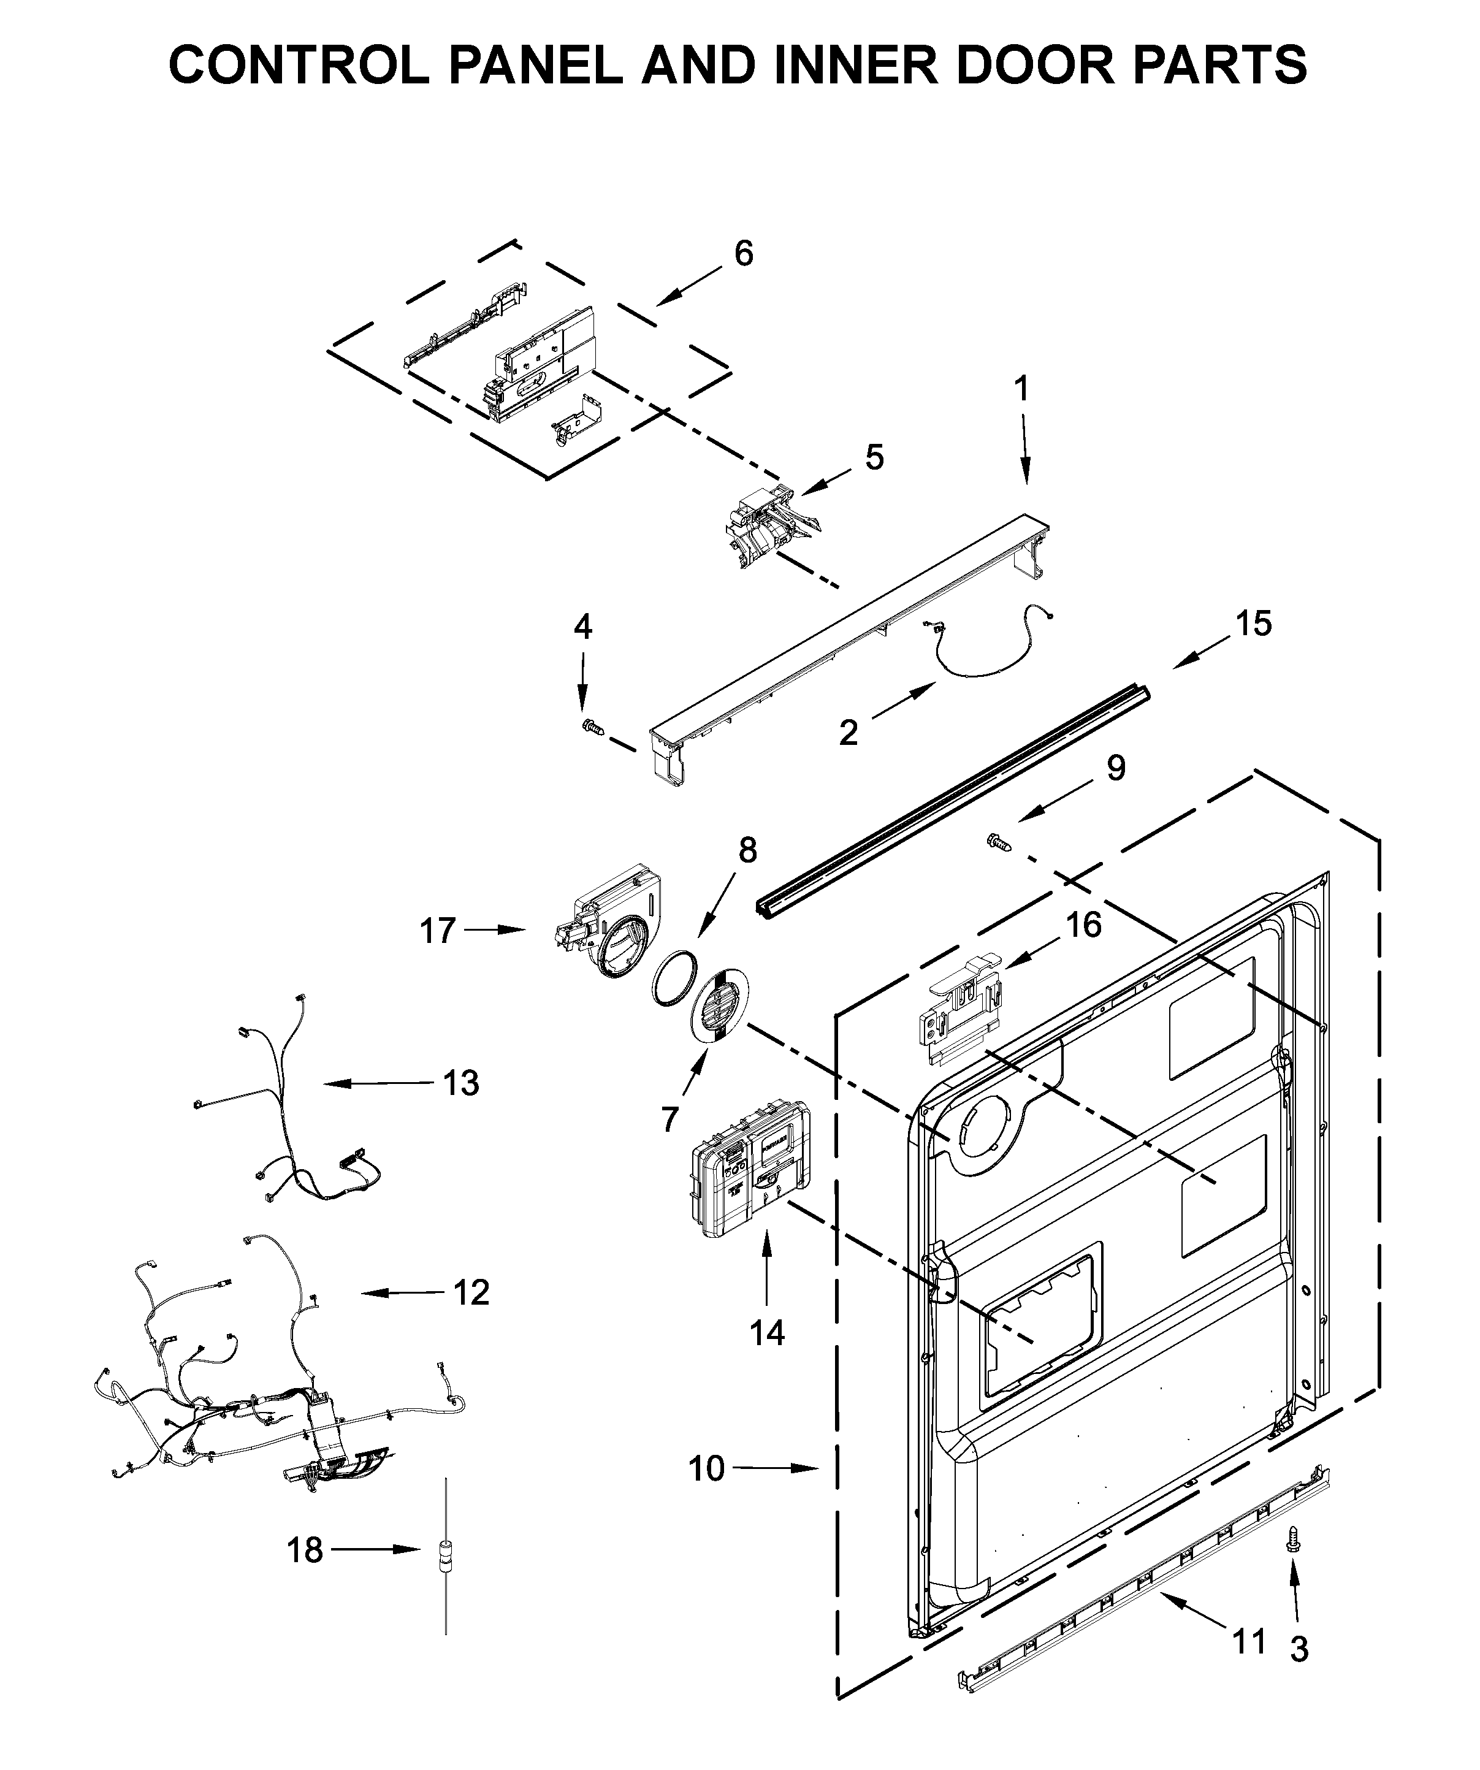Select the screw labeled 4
coord(591,726)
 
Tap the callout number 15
coord(1253,623)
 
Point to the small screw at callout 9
coord(997,841)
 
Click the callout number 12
coord(470,1292)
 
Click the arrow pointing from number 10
coord(776,1468)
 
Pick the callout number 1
coord(1021,389)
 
